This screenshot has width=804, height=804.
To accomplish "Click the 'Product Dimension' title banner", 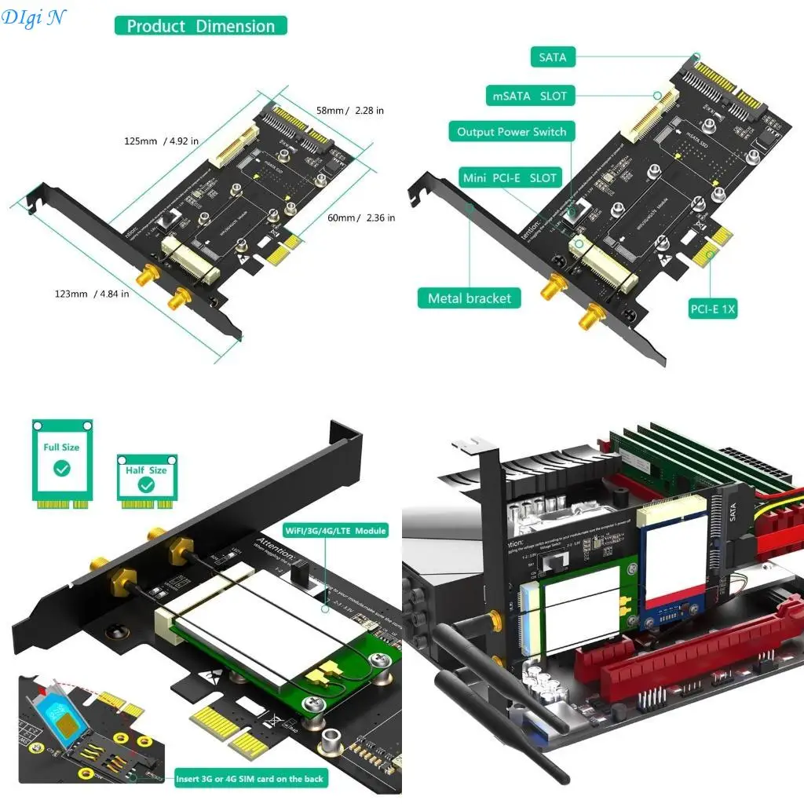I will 201,26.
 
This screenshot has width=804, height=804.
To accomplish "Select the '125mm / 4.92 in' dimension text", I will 161,141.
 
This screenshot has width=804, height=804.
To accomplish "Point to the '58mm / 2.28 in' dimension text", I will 350,111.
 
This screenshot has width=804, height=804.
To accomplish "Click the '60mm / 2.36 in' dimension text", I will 360,217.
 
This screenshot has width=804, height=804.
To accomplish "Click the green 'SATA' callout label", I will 552,57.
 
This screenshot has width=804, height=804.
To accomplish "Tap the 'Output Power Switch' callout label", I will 511,132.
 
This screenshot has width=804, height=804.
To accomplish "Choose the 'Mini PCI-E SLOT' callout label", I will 510,178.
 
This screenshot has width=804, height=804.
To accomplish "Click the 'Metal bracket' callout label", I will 469,298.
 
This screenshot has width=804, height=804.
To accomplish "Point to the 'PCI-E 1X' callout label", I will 713,309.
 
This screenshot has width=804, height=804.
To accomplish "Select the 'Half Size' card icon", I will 146,478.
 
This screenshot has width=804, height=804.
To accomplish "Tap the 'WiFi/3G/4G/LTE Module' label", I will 335,531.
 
